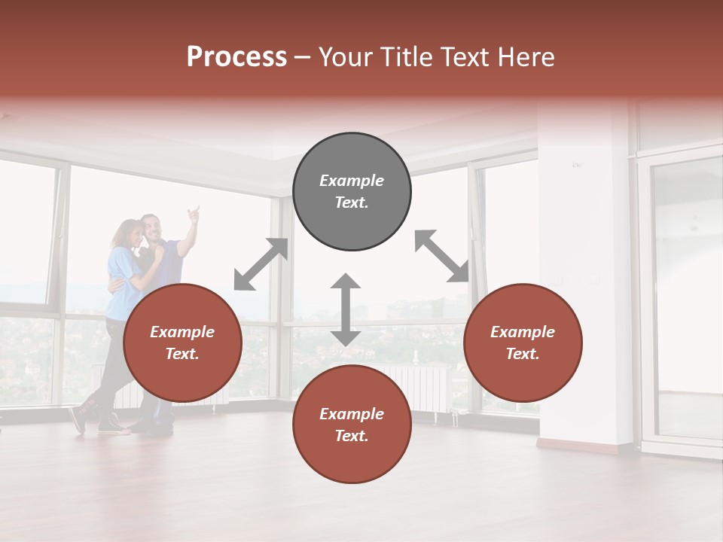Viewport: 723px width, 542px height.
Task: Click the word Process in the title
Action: click(x=236, y=57)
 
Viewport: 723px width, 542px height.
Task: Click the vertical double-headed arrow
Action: click(x=346, y=309)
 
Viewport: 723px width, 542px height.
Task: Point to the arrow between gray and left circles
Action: click(x=261, y=263)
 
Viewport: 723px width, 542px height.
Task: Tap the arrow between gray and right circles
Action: click(x=442, y=256)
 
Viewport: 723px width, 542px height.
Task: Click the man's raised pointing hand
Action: click(x=194, y=214)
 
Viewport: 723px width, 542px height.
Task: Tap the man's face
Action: click(x=153, y=227)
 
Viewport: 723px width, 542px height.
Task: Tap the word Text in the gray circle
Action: click(x=352, y=202)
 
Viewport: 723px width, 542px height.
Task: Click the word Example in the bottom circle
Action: click(x=352, y=414)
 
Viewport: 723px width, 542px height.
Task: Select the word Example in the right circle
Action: click(x=523, y=332)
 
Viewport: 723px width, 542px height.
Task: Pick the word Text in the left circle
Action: click(x=182, y=354)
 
